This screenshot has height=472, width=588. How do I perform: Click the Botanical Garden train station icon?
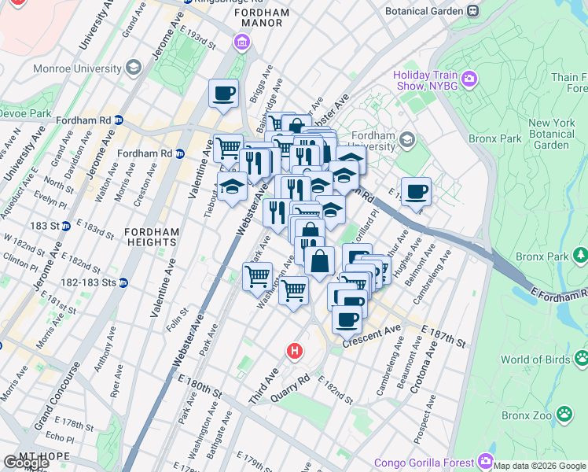click(472, 11)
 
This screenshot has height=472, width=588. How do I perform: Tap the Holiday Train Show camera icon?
click(469, 77)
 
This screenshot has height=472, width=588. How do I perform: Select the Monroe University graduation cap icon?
click(133, 68)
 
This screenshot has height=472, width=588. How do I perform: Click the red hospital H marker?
click(295, 350)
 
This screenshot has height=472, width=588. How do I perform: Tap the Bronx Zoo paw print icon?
click(564, 413)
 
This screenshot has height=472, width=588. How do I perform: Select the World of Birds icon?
click(581, 359)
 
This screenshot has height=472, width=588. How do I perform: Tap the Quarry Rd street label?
click(292, 385)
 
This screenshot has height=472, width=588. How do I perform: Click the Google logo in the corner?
click(26, 463)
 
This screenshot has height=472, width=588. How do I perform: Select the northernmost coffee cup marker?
click(223, 93)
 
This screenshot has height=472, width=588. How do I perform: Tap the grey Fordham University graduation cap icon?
click(406, 140)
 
